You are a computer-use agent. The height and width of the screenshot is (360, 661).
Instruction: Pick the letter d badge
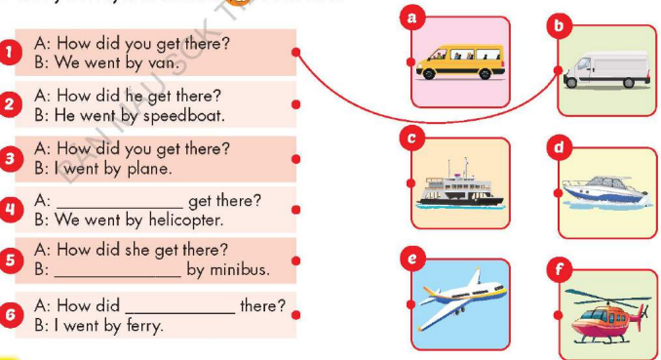(x=559, y=147)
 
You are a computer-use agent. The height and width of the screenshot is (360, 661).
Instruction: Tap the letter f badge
(x=560, y=267)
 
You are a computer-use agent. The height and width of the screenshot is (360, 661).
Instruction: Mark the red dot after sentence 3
(x=296, y=159)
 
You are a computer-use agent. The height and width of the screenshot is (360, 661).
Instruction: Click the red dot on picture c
(x=411, y=183)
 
